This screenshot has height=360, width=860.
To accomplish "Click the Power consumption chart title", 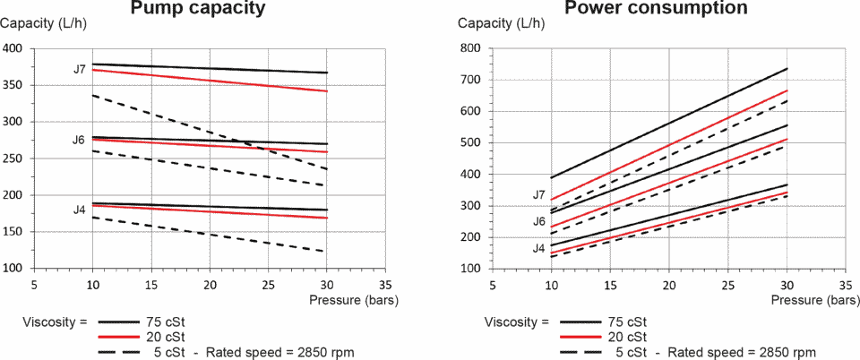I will (x=656, y=9).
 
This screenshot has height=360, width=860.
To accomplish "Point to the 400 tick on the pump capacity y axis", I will (x=15, y=48).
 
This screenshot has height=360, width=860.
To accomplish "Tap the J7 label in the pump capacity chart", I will (x=80, y=69).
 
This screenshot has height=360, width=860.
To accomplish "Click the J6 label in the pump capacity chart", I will (x=79, y=141).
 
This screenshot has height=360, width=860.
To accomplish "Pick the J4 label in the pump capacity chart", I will (x=80, y=210).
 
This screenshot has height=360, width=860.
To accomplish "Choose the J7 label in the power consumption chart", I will (x=538, y=194).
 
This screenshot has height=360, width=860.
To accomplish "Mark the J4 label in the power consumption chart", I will (x=538, y=248).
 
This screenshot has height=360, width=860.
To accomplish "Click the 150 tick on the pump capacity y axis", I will (x=15, y=232).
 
